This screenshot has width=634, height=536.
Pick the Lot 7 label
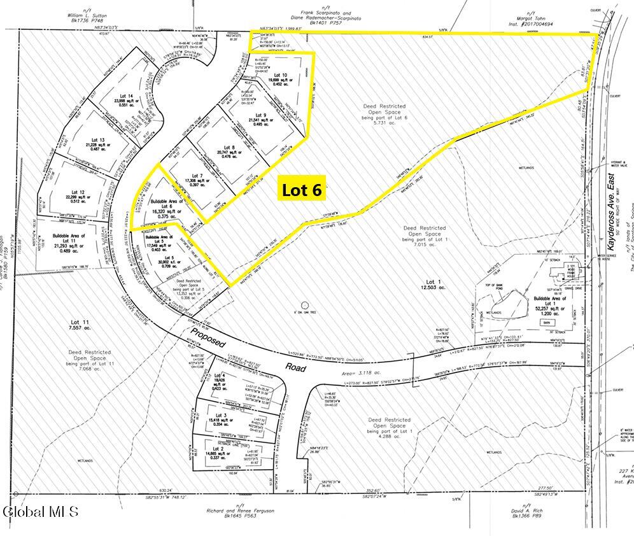[x=196, y=176]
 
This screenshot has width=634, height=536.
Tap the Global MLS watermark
[x=40, y=511]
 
